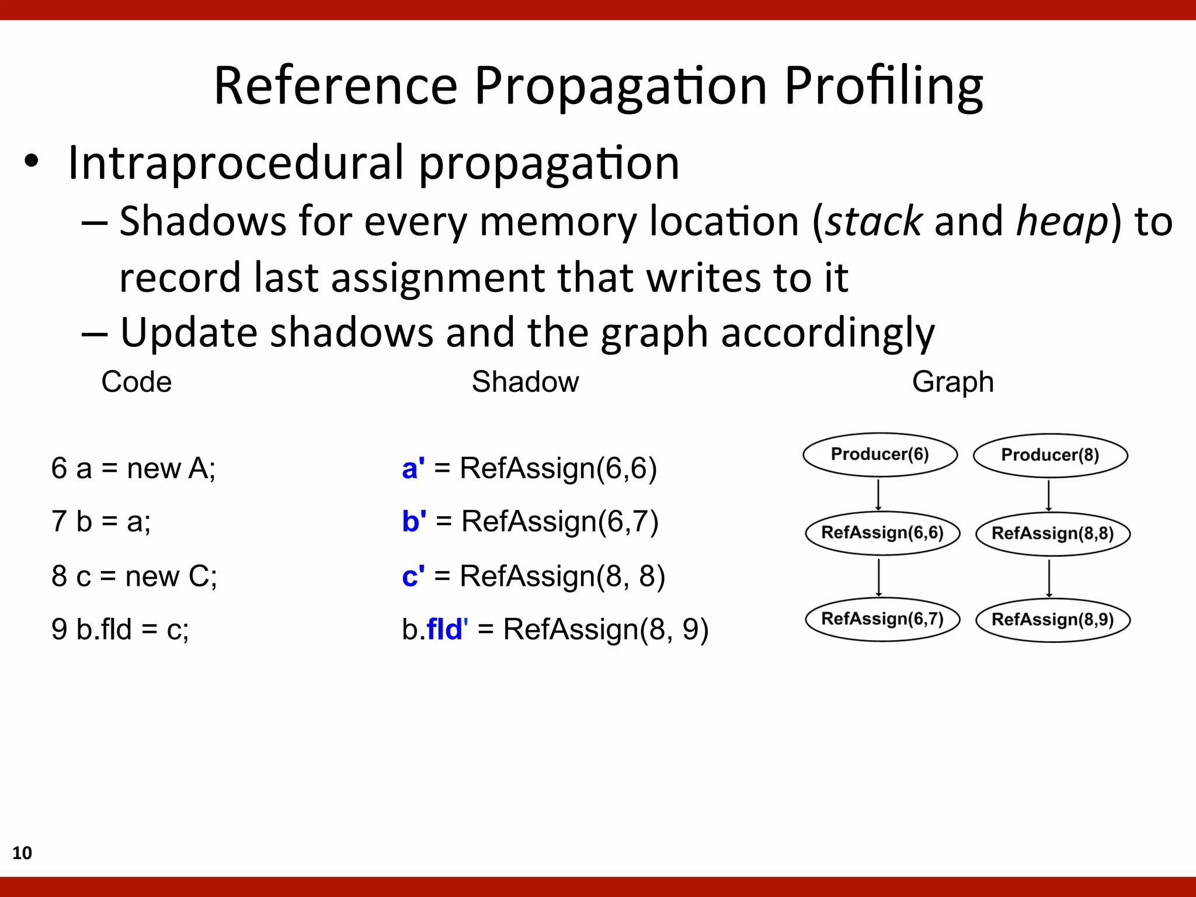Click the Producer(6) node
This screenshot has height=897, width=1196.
point(879,454)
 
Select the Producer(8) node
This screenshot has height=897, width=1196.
point(1050,455)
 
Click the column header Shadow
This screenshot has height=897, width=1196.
point(525,382)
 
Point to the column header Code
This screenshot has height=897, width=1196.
point(137,382)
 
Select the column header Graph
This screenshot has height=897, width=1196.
point(952,382)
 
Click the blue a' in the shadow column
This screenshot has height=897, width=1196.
point(413,468)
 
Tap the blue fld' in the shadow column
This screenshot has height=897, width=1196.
point(447,630)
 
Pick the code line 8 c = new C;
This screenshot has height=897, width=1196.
point(134,576)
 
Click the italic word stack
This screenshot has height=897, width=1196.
point(874,222)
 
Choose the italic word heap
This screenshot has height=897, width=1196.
point(1062,222)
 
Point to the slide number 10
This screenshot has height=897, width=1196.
point(22,853)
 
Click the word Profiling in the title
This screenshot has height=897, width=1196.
point(883,86)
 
